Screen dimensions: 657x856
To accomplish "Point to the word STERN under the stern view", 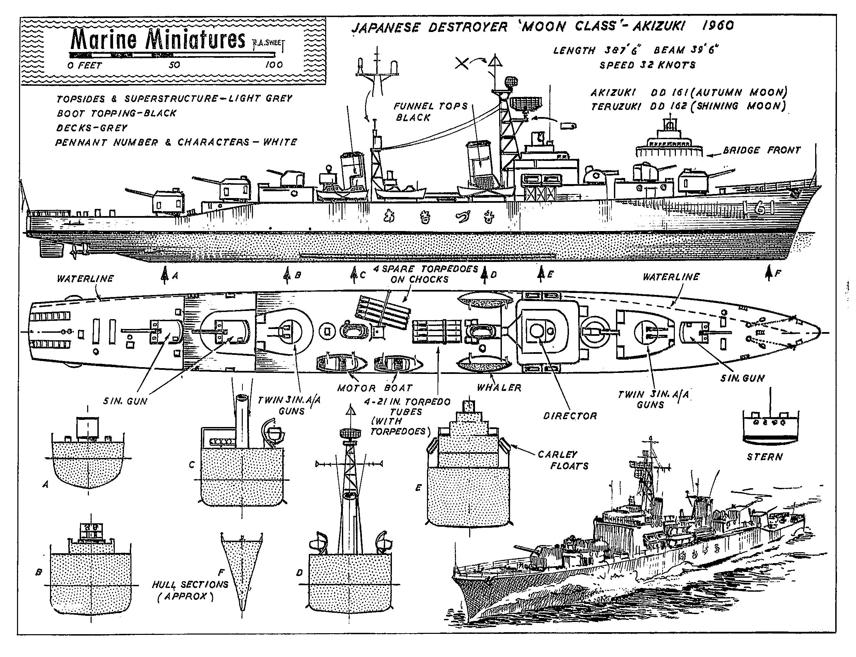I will pos(764,457).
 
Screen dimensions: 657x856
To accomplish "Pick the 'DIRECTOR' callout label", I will pos(570,416).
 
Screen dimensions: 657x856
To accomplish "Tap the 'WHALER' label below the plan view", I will pos(499,388).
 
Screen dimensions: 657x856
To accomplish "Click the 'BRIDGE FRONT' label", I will pos(761,150).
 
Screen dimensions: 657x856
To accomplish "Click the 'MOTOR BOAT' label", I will pos(375,388).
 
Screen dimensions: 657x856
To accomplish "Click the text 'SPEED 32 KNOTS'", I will pos(647,65).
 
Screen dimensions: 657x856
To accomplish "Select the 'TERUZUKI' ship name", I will pos(615,106).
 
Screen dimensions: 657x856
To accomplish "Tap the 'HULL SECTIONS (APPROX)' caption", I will pos(190,590).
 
